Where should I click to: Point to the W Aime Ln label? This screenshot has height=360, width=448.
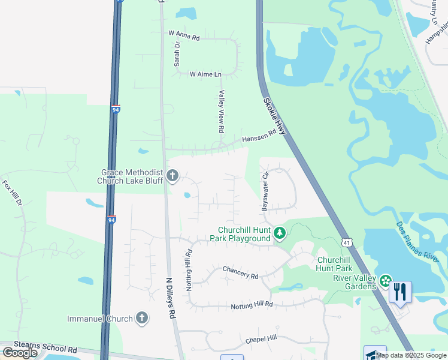pos(205,74)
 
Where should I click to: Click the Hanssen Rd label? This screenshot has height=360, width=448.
pos(259,139)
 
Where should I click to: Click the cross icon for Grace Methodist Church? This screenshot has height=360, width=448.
pos(172,176)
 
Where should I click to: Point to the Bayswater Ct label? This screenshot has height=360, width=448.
pos(264,191)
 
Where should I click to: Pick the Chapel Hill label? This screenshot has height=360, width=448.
pos(261,339)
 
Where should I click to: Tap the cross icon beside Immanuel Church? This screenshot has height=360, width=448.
pos(142,318)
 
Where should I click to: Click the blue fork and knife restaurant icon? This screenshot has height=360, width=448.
pos(400,292)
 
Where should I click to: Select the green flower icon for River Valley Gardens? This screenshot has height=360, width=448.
pos(385,280)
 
